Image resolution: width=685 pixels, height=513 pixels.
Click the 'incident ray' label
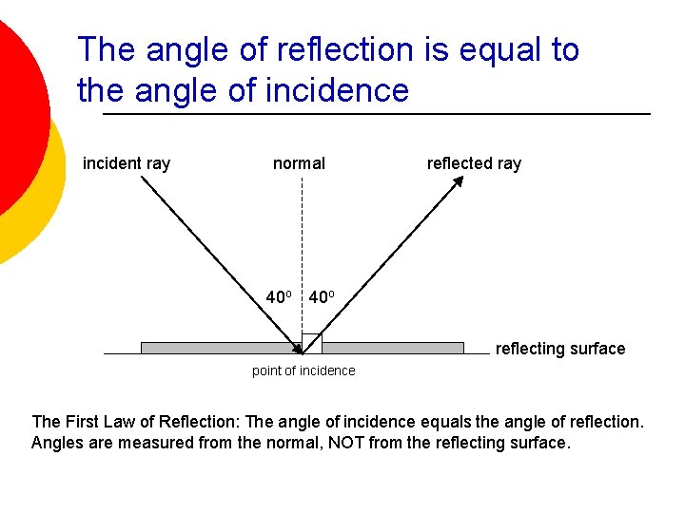(x=127, y=163)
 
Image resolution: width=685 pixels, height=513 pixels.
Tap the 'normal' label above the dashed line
(x=299, y=163)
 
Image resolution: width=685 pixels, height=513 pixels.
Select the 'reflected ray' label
(x=474, y=163)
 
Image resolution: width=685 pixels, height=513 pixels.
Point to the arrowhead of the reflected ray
(x=458, y=180)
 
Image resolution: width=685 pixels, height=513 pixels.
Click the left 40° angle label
(x=279, y=297)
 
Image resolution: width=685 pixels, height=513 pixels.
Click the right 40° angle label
(x=321, y=297)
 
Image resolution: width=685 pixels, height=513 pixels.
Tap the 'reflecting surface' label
(x=560, y=349)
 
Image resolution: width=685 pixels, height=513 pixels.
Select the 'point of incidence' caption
(x=303, y=370)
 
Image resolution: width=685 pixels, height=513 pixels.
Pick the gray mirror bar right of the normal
(x=393, y=348)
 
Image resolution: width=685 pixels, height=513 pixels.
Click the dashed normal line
(x=302, y=237)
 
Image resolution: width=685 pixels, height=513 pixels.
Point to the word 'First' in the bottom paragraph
(x=85, y=421)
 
